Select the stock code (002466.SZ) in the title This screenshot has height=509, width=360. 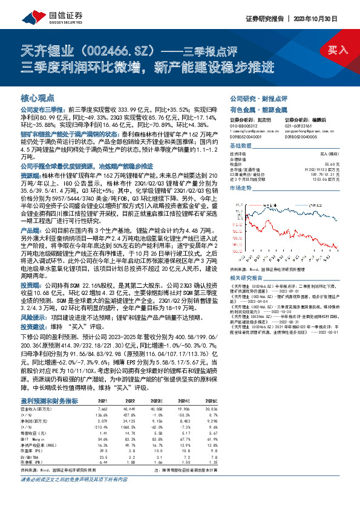(121, 49)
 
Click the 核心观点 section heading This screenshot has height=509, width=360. (38, 97)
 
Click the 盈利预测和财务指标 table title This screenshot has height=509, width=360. (49, 384)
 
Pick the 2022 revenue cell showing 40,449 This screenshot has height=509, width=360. (128, 392)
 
